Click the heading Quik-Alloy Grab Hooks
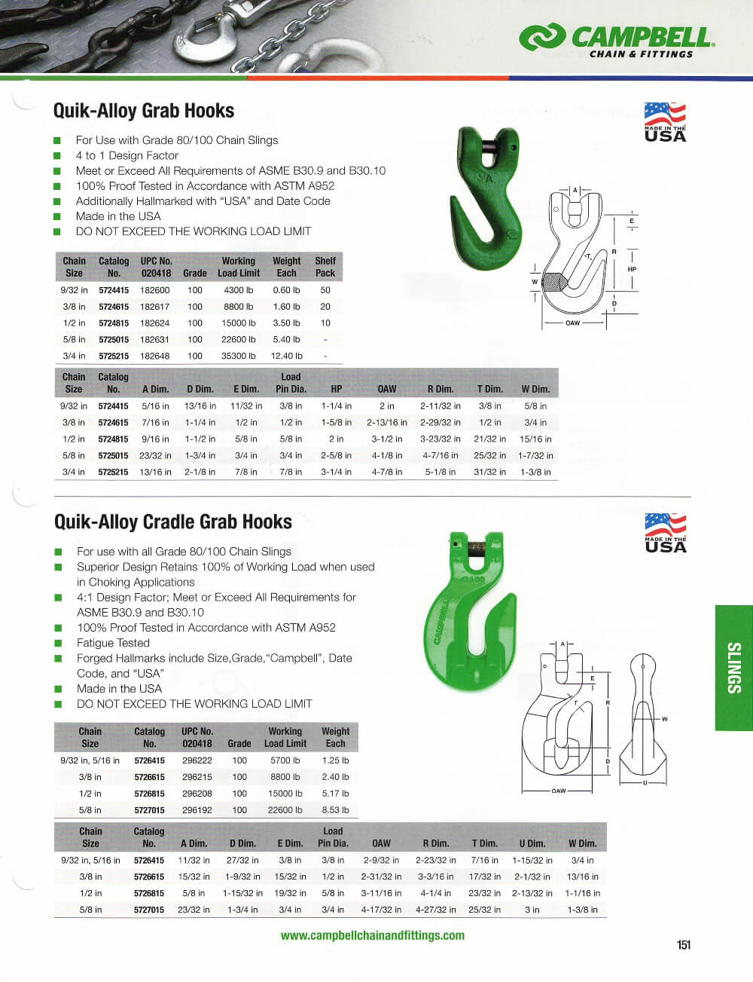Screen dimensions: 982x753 point(144,111)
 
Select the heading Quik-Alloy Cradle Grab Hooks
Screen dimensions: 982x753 point(173,522)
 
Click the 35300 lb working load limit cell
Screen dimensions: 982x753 point(238,356)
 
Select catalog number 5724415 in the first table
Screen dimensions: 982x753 point(114,290)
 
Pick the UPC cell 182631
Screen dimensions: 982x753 point(155,339)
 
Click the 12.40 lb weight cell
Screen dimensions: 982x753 point(286,356)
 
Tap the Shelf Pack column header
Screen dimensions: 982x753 point(325,267)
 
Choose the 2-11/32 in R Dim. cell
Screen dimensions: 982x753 point(441,406)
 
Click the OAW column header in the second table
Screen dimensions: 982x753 point(387,389)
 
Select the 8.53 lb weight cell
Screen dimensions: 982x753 point(335,810)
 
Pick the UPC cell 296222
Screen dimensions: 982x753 point(197,760)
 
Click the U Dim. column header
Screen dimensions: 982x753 point(532,843)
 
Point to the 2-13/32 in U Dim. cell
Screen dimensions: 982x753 point(532,893)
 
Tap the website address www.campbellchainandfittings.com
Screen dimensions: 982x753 point(372,935)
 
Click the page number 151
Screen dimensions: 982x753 point(683,945)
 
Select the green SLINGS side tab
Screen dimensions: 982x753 point(734,668)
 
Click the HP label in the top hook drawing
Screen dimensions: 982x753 point(632,269)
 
